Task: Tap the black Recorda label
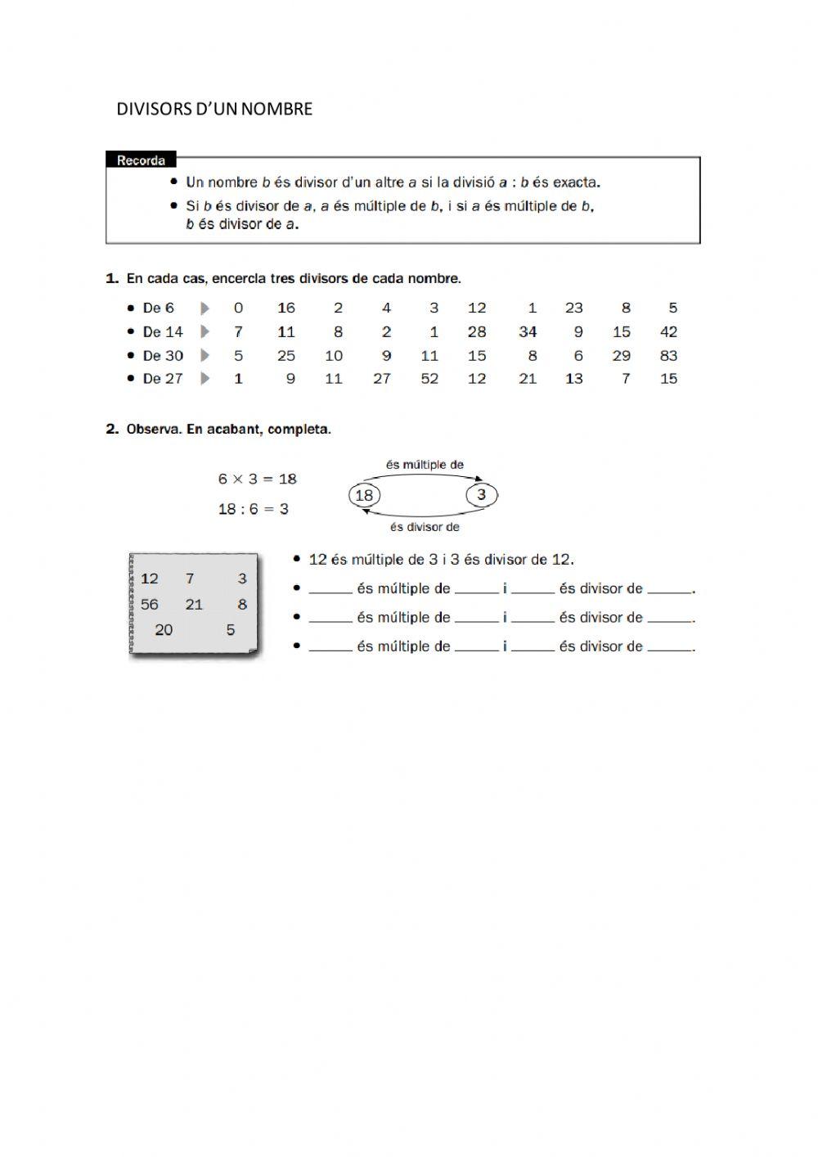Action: point(141,160)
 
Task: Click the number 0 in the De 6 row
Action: point(238,308)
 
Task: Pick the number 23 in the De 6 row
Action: point(574,308)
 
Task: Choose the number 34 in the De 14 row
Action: point(528,332)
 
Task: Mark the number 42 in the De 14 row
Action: point(668,332)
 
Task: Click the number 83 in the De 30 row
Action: point(668,356)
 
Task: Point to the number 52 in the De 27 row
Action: point(429,379)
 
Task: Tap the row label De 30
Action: point(163,356)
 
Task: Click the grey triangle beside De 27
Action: point(205,379)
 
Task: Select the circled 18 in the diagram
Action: point(364,495)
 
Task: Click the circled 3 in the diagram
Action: point(482,494)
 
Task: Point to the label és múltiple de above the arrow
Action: point(425,465)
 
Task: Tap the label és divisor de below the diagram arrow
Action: point(425,528)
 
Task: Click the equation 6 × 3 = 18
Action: point(257,479)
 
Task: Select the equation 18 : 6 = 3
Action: point(253,509)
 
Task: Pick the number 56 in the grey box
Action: point(150,605)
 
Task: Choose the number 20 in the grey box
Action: point(164,630)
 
